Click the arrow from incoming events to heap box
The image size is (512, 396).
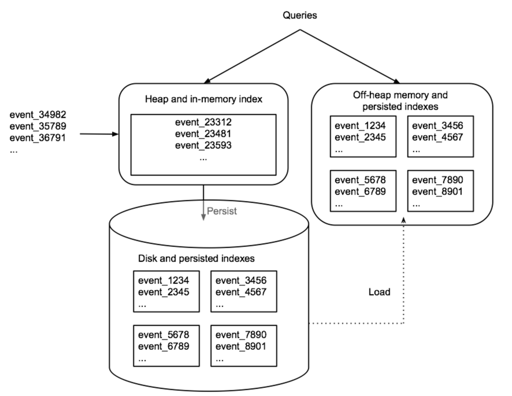(x=98, y=135)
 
